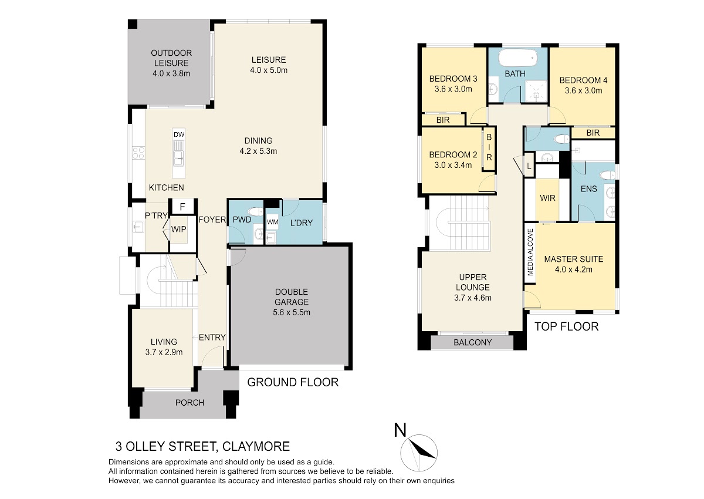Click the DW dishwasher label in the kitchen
pyautogui.click(x=179, y=134)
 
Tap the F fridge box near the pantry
pyautogui.click(x=182, y=207)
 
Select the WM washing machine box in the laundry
pyautogui.click(x=272, y=222)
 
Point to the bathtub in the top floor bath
pyautogui.click(x=518, y=58)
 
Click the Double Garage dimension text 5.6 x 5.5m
pyautogui.click(x=292, y=312)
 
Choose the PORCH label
pyautogui.click(x=189, y=403)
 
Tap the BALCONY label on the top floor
pyautogui.click(x=472, y=342)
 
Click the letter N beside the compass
pyautogui.click(x=400, y=430)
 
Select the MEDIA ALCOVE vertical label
pyautogui.click(x=530, y=252)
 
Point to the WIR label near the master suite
pyautogui.click(x=547, y=198)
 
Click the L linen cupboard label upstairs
pyautogui.click(x=529, y=166)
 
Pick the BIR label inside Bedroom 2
pyautogui.click(x=489, y=147)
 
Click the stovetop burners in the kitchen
pyautogui.click(x=138, y=153)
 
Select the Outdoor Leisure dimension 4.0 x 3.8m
pyautogui.click(x=171, y=73)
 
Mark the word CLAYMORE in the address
pyautogui.click(x=256, y=447)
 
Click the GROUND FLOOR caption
pyautogui.click(x=293, y=382)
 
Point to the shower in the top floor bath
pyautogui.click(x=536, y=91)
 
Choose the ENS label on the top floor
pyautogui.click(x=588, y=188)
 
